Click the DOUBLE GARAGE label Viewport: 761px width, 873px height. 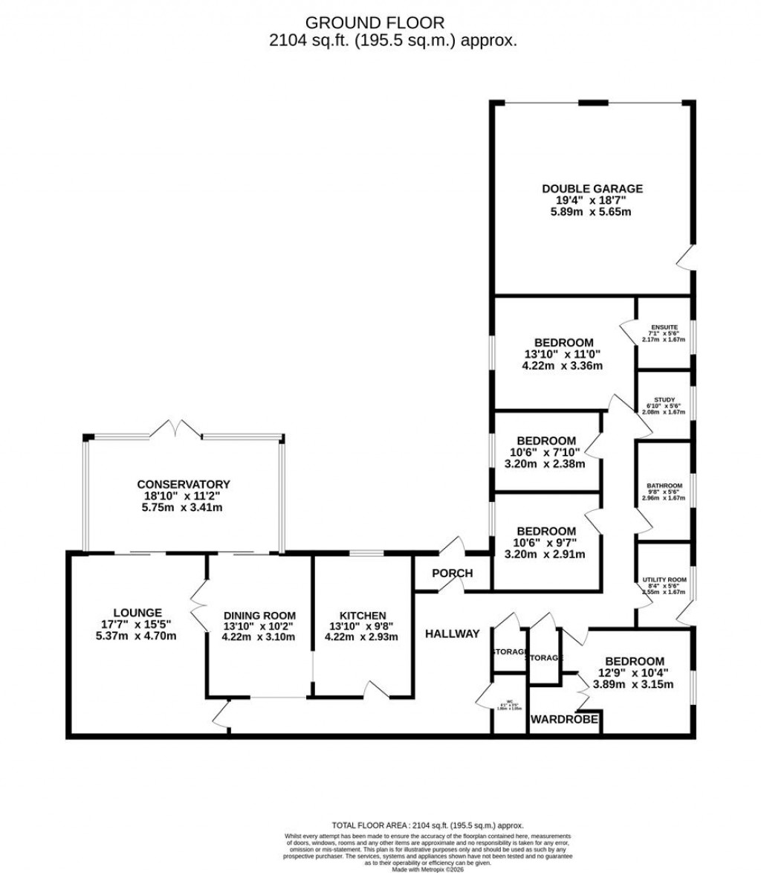592,189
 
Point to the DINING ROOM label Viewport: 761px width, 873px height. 259,616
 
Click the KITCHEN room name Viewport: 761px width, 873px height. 363,616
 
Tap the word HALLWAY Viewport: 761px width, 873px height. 453,634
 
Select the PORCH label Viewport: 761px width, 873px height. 453,573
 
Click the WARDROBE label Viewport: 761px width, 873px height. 565,719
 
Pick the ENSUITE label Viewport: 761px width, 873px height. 664,327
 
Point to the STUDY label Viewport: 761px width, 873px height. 664,399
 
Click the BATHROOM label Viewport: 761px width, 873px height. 664,486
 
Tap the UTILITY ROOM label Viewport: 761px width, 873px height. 664,579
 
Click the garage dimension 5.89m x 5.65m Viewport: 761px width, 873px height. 592,212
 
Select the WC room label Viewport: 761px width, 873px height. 509,700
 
